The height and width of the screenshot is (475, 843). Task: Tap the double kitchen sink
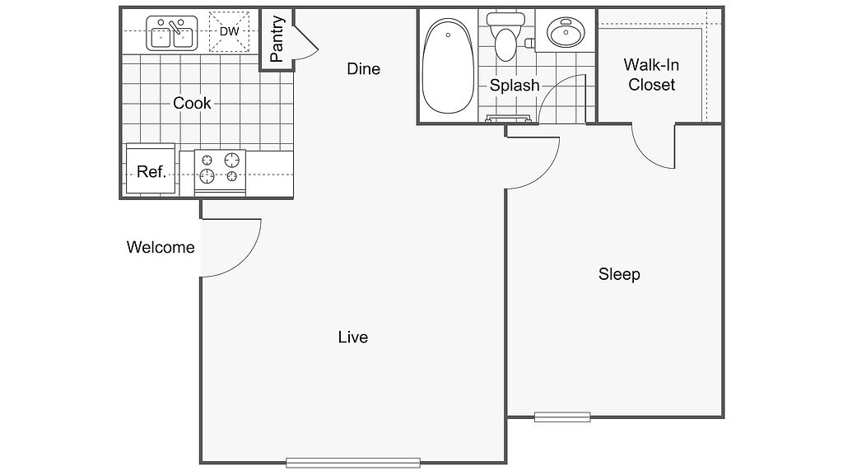click(x=171, y=35)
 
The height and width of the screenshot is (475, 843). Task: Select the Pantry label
click(x=277, y=39)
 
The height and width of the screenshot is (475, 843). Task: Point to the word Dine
click(x=363, y=69)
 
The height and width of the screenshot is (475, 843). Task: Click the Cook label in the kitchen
click(x=192, y=104)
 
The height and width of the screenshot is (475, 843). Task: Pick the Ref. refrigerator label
click(x=151, y=172)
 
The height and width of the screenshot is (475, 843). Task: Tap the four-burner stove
click(x=221, y=168)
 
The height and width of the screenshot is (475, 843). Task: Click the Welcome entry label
click(x=161, y=247)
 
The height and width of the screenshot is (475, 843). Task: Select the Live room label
click(x=352, y=338)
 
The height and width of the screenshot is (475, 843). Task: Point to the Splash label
click(x=515, y=86)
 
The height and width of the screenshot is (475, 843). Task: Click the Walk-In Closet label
click(x=651, y=74)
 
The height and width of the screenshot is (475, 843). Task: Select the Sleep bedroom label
click(x=619, y=274)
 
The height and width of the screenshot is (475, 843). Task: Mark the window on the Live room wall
click(x=353, y=463)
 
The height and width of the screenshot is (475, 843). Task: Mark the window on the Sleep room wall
click(x=562, y=417)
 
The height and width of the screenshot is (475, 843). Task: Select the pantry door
click(x=303, y=43)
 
